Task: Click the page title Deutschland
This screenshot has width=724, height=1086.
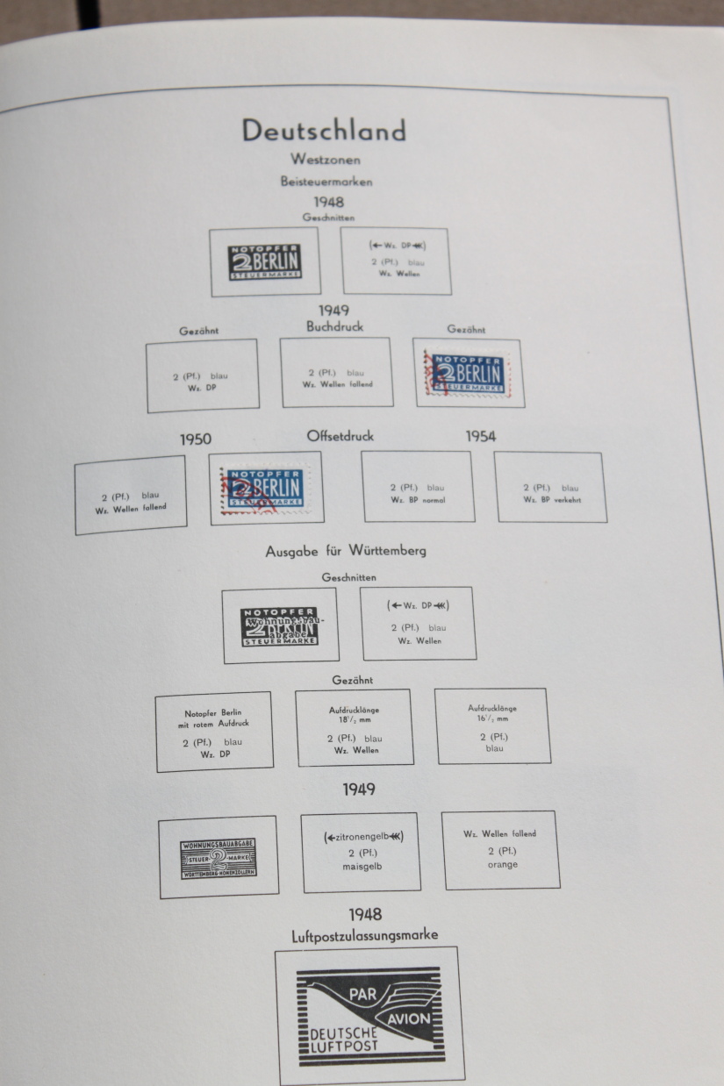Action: [x=324, y=131]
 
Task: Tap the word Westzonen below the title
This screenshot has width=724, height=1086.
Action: [x=326, y=160]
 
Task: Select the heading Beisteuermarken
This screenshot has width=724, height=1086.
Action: [x=326, y=182]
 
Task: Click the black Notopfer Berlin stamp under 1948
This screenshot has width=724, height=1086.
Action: [x=265, y=261]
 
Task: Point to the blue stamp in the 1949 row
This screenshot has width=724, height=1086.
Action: [x=468, y=373]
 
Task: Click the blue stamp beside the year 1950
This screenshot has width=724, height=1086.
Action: [x=265, y=489]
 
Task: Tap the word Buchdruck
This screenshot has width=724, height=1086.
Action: [x=334, y=326]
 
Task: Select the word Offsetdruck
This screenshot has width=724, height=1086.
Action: [x=340, y=436]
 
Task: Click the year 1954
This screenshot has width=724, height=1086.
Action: [x=481, y=436]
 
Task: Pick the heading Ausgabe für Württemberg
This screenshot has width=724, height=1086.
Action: [x=346, y=552]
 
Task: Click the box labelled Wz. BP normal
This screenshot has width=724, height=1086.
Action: [x=418, y=487]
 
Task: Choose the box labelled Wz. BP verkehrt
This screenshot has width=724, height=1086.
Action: [x=550, y=488]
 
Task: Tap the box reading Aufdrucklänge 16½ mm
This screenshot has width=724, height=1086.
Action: [x=492, y=725]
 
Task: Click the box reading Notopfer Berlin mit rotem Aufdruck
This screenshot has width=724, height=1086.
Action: [x=214, y=732]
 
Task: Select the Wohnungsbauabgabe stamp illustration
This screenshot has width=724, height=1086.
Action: [x=218, y=858]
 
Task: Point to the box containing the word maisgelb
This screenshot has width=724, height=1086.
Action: [x=361, y=852]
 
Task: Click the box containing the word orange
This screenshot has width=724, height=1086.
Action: [x=501, y=850]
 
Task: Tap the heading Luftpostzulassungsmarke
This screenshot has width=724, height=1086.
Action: [x=363, y=937]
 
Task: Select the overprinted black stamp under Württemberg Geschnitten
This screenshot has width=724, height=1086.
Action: [x=280, y=625]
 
